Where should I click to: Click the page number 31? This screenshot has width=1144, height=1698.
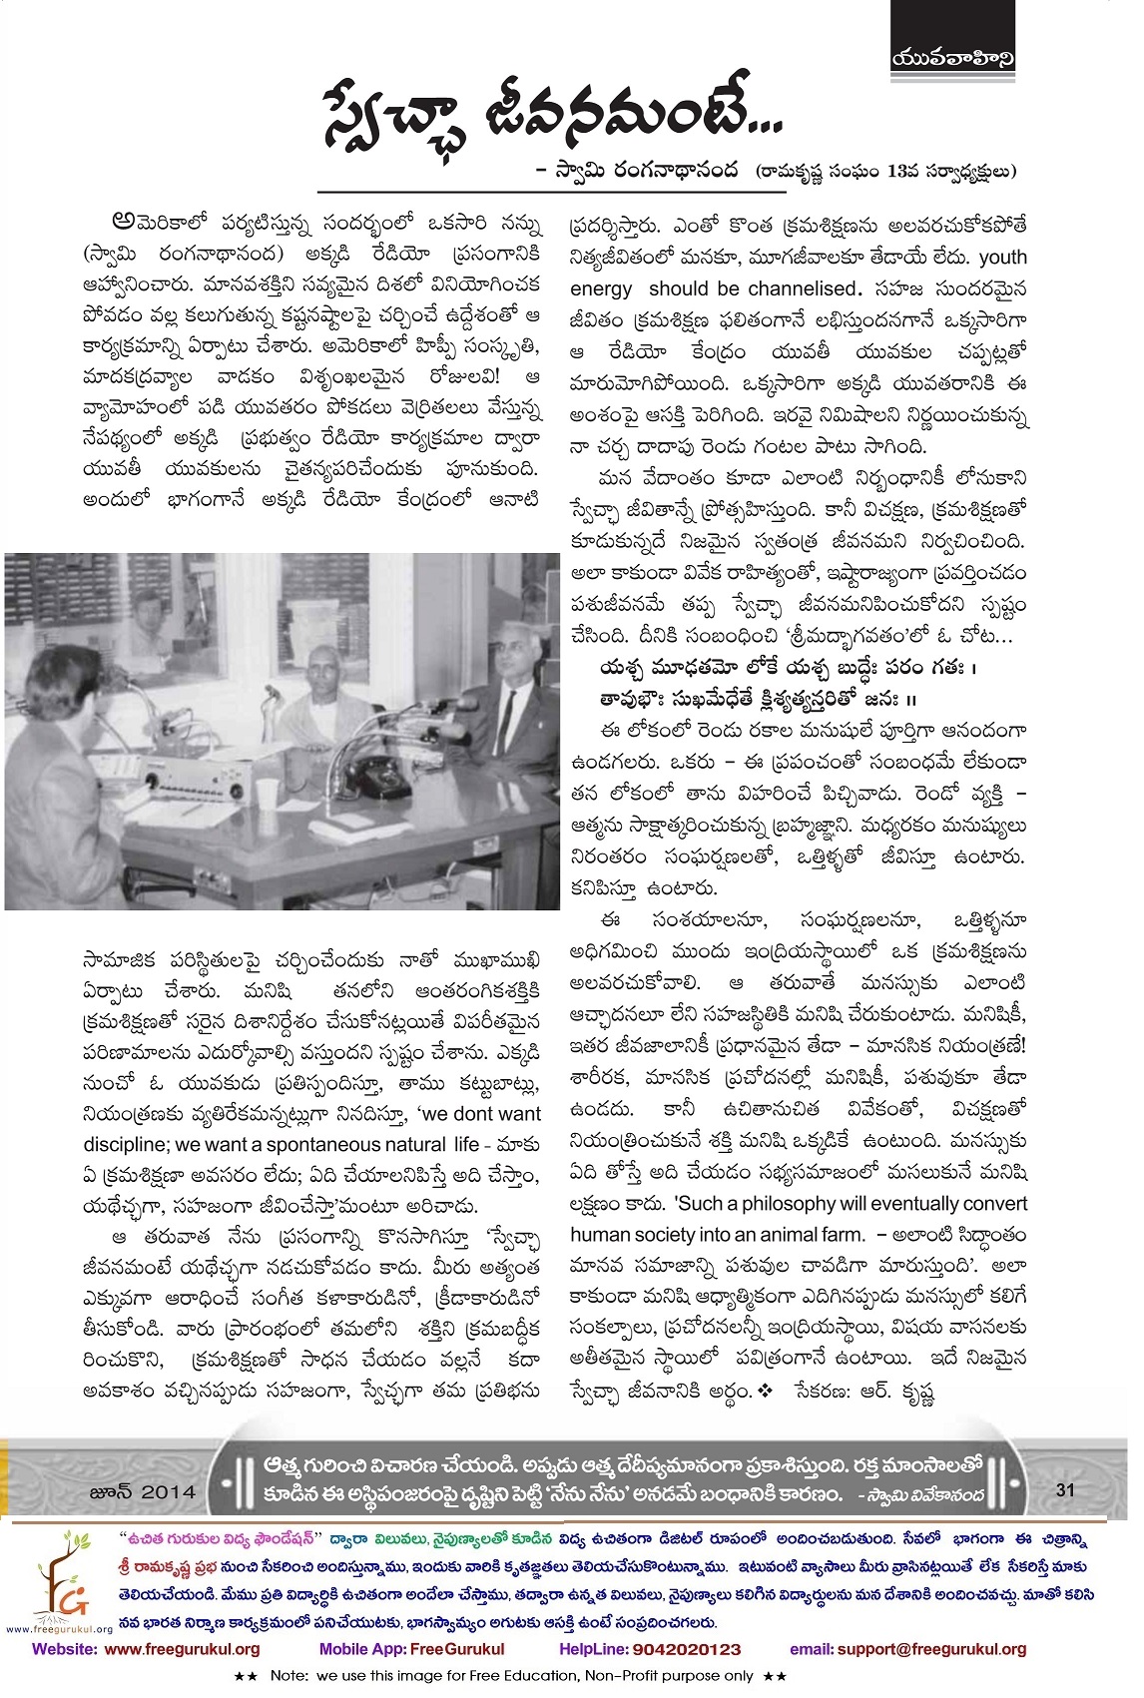click(x=1064, y=1490)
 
